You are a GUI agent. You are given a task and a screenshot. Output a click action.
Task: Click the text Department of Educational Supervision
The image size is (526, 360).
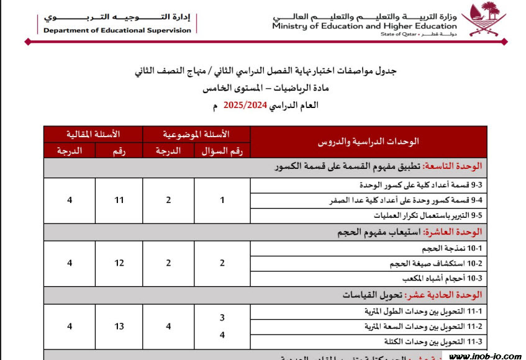pos(118,30)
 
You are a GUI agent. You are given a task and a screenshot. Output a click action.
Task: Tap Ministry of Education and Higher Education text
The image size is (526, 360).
pos(364,27)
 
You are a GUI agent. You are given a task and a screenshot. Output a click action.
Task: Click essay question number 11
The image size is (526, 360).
pos(119,200)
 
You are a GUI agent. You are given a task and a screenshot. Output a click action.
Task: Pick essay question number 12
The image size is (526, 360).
pos(119,263)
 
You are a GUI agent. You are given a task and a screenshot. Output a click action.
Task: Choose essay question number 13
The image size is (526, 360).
pos(119,326)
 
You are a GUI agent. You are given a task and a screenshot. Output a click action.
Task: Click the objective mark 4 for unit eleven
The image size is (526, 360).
pos(168,326)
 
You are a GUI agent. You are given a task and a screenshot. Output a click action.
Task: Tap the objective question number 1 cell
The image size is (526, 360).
pos(222,200)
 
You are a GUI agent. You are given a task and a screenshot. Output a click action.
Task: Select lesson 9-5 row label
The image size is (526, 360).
pos(428,216)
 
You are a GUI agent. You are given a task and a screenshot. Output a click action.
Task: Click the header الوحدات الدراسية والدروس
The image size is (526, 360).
pos(368,142)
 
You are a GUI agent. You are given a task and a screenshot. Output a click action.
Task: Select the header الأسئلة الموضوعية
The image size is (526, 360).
pos(196,134)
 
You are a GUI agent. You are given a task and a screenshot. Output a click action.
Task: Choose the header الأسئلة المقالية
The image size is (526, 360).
pos(93,134)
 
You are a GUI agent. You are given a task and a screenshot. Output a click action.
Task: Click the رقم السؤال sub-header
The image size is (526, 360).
pos(222,150)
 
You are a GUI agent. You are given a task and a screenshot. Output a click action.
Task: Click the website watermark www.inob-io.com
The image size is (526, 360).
pos(485,356)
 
